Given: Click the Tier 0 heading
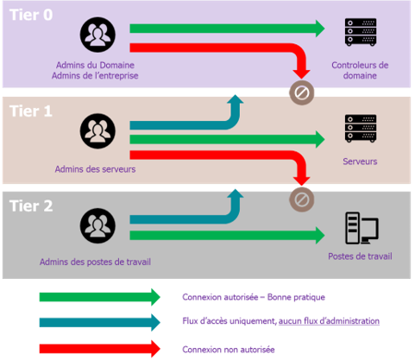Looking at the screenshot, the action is (x=31, y=15).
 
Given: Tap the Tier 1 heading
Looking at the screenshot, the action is (x=31, y=111).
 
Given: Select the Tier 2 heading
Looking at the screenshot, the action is (x=31, y=205).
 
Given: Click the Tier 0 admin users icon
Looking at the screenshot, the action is (x=97, y=35).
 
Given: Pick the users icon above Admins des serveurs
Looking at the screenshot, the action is (x=97, y=131).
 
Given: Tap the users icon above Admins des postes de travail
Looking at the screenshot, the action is (x=97, y=225).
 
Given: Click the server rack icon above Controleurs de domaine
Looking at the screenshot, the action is (x=361, y=32).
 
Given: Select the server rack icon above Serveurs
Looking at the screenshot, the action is (x=361, y=129).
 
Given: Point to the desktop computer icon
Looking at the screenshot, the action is (x=362, y=228).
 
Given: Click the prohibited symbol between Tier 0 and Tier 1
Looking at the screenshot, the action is (x=302, y=92).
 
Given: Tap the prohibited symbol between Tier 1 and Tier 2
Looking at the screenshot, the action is (x=302, y=199).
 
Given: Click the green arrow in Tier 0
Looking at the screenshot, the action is (x=227, y=28).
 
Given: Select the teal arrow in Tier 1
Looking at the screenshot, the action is (x=201, y=125).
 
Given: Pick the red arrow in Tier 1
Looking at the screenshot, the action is (x=227, y=155).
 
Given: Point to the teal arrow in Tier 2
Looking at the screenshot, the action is (x=201, y=219).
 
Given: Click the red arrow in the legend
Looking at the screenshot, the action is (x=100, y=349).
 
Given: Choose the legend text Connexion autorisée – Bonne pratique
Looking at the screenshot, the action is (x=254, y=297).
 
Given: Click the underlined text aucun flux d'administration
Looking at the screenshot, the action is (x=329, y=321).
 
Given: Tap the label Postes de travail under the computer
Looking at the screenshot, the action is (x=360, y=256).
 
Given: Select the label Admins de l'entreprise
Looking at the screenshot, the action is (x=95, y=75).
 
